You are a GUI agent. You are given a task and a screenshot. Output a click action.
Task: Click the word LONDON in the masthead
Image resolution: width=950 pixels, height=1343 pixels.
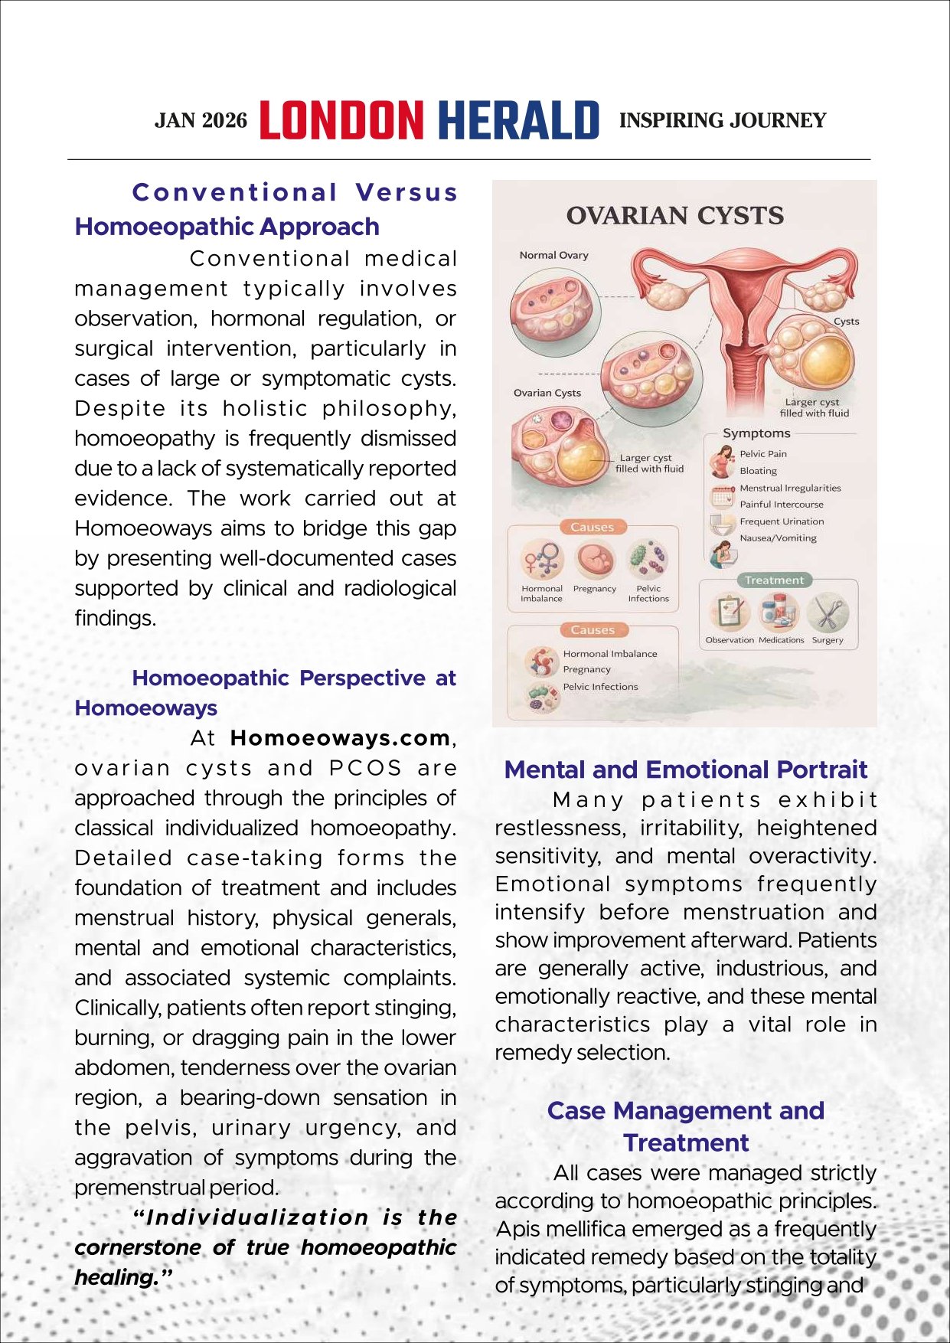coord(341,121)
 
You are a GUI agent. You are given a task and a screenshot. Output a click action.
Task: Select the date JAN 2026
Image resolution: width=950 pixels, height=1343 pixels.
coord(201,121)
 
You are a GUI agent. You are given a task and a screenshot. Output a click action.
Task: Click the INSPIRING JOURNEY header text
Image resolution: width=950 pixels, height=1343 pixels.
coord(722,121)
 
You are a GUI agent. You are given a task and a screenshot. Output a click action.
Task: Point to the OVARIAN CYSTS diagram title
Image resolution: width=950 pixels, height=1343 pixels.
coord(674,216)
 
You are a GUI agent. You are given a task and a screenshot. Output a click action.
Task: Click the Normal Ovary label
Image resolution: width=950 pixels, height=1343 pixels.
coord(553,255)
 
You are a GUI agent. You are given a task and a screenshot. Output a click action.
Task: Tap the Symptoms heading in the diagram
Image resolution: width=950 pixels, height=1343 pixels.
coord(756,433)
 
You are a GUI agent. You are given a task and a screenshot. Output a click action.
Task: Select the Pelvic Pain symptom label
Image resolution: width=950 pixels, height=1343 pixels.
coord(762,454)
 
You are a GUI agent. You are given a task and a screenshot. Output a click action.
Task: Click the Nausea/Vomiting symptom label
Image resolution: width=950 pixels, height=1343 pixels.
coord(778,538)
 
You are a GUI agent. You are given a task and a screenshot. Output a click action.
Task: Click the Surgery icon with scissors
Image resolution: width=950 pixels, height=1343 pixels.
coord(828,613)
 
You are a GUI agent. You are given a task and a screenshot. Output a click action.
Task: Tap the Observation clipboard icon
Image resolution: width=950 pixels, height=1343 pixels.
coord(729,613)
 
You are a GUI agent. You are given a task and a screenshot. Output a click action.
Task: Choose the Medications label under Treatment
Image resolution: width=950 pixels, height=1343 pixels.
coord(781,640)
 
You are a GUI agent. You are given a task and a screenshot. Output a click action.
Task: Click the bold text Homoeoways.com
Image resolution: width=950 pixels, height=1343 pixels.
coord(340,738)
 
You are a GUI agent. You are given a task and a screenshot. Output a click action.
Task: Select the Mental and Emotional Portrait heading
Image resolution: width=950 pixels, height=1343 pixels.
coord(685,770)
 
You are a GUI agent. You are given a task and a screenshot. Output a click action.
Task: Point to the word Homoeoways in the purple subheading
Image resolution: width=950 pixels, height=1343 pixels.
coord(145,708)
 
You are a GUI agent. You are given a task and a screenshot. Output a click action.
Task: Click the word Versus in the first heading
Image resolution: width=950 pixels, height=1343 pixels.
coord(406,192)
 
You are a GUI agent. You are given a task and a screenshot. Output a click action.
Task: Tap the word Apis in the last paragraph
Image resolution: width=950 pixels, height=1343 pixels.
coord(514,1229)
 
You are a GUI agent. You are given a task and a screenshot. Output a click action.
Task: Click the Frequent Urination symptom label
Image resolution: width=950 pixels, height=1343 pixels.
coord(782,521)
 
